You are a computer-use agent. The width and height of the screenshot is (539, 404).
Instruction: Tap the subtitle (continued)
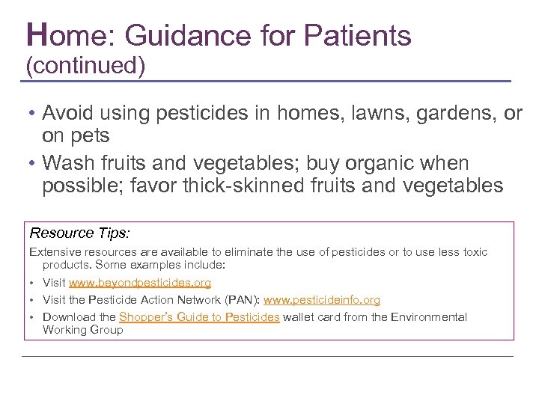coord(85,66)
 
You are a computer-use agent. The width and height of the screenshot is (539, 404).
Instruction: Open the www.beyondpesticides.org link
coord(140,283)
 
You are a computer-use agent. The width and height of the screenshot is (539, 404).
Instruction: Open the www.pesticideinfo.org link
coord(322,300)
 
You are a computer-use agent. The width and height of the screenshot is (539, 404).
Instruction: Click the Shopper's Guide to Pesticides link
coord(199,317)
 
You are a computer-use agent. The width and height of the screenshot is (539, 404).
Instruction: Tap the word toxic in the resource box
coord(472,252)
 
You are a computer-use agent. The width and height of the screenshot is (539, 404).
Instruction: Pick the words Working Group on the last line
coord(83,330)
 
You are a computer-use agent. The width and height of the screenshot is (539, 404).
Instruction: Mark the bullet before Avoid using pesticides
coord(32,114)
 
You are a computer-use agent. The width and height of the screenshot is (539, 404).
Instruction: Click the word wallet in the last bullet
coord(300,317)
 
